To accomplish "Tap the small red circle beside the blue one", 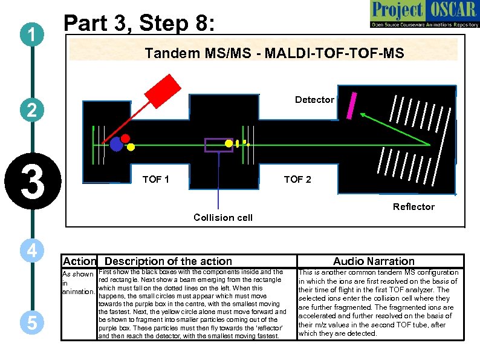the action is [x=126, y=138].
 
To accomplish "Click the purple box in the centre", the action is [x=218, y=145].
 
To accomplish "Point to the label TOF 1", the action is [x=155, y=179].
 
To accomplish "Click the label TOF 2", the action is [x=297, y=179].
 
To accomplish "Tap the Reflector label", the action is [x=414, y=207].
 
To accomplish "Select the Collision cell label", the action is [x=222, y=217].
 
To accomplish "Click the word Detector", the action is [x=314, y=99].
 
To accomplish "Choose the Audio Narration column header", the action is [x=374, y=261].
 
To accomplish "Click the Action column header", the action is [x=79, y=261].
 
